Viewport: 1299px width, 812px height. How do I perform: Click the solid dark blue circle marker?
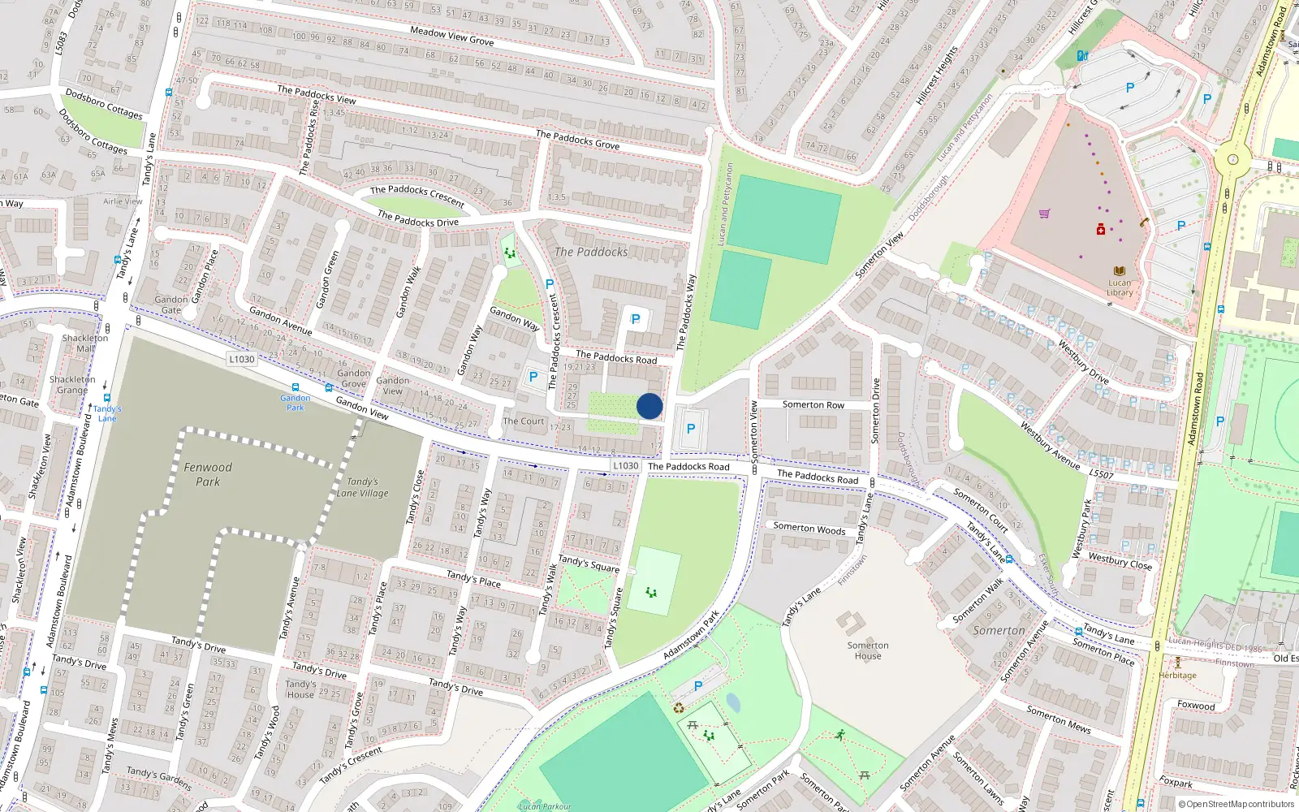649,406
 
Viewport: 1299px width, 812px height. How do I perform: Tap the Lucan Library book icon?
1120,271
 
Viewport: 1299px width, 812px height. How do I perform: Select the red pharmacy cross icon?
1101,230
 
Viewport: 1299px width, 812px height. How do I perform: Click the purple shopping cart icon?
1044,214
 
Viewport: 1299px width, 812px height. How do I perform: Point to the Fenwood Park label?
208,474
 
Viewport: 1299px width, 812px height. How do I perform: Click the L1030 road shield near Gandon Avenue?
241,359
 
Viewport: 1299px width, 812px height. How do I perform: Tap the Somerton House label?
868,650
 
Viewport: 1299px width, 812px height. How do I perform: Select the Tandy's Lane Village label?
362,487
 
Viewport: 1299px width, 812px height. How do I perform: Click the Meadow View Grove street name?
451,36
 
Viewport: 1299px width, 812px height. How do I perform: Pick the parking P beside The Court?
533,377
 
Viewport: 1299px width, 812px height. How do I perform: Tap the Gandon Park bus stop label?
296,402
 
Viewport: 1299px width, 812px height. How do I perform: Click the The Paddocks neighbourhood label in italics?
591,252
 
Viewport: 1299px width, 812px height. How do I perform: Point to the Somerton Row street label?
813,404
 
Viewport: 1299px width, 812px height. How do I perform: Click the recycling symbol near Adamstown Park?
679,708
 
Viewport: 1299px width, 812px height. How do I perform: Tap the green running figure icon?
839,735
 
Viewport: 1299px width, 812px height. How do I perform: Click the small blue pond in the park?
733,702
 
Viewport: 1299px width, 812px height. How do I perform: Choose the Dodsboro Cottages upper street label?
104,104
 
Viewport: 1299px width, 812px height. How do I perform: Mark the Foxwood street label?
1196,705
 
